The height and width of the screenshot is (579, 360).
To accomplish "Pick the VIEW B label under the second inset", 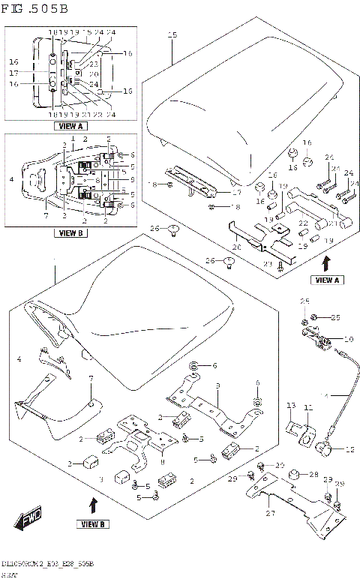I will pos(71,233).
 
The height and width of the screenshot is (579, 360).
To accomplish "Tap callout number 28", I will pos(314,475).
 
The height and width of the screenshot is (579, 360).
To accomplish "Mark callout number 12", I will pos(349,450).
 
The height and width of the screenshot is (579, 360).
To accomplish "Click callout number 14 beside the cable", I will pos(325,395).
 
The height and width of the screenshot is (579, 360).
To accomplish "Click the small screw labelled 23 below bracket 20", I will pos(279,262).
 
